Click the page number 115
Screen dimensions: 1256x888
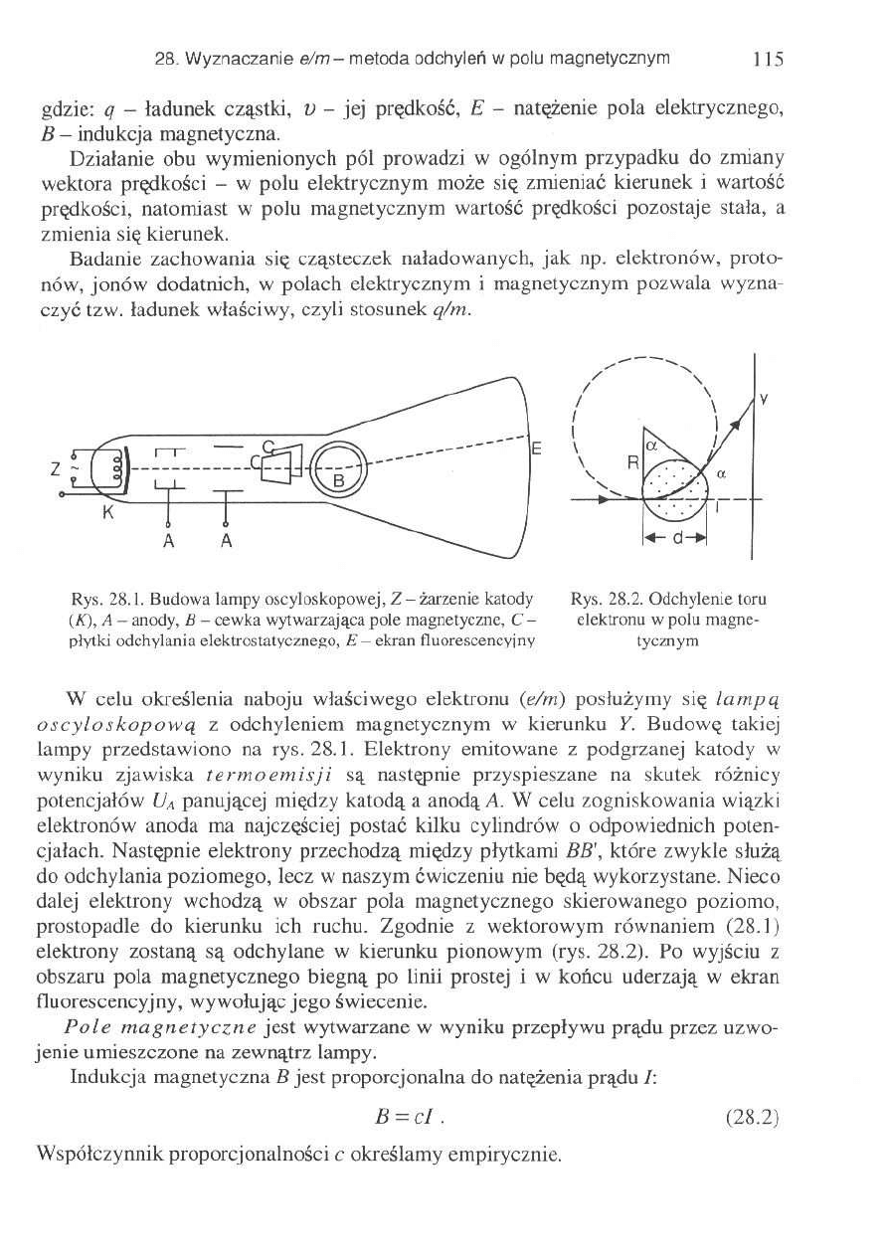768,59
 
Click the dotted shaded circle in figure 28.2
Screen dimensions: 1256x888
675,487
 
